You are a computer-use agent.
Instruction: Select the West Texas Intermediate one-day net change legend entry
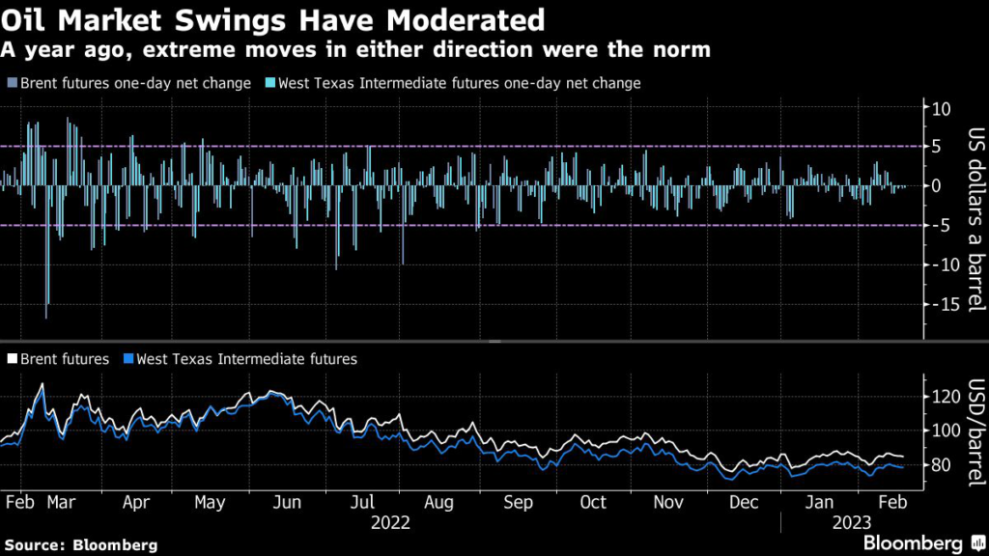point(454,83)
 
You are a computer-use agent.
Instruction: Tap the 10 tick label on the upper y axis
point(942,107)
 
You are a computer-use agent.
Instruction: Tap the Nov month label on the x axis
point(668,503)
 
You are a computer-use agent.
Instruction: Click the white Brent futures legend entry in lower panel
point(58,359)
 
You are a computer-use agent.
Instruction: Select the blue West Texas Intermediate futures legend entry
point(239,359)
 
